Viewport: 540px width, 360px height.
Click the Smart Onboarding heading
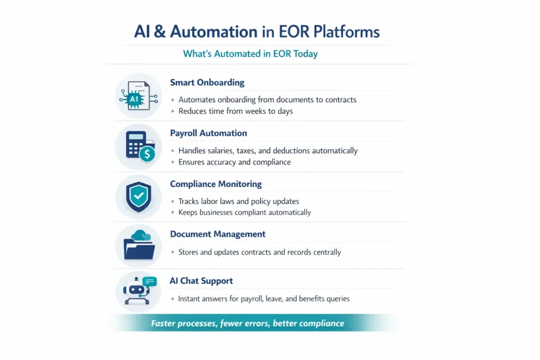point(207,83)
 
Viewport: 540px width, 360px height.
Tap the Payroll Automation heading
point(208,133)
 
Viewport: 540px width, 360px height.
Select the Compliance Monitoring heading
point(216,184)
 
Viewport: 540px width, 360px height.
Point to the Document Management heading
point(217,234)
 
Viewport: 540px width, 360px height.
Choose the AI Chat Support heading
point(201,281)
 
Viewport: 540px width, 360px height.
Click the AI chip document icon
point(136,95)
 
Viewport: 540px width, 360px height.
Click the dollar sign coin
point(147,154)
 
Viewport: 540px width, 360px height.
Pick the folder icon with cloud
point(139,246)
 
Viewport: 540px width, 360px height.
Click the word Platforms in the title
point(346,32)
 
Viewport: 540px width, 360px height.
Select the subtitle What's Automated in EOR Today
point(250,54)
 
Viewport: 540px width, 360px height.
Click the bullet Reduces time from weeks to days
point(235,111)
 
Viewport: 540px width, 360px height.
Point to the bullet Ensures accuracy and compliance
point(234,162)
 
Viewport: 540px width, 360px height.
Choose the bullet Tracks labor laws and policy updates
point(238,201)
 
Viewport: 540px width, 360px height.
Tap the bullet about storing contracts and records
point(259,252)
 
